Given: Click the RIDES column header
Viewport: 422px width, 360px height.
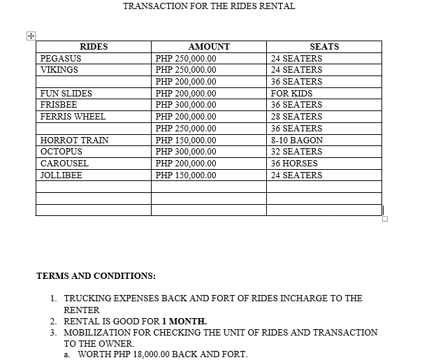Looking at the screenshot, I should tap(94, 47).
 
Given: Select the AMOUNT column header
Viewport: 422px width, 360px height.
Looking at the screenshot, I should tap(209, 47).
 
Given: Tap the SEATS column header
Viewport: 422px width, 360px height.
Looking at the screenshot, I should tap(323, 47).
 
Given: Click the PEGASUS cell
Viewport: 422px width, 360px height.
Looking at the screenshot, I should tap(61, 59).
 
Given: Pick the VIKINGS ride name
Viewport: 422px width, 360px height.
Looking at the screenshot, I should tap(59, 70).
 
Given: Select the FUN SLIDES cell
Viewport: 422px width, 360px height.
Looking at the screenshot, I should tap(66, 94).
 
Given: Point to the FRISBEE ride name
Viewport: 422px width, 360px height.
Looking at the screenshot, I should tap(59, 105).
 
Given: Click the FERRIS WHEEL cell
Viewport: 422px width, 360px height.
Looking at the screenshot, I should tap(73, 117).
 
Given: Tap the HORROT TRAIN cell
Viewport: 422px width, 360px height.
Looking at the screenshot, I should tap(74, 141).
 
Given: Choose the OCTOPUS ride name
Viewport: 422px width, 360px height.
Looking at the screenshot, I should tap(61, 152).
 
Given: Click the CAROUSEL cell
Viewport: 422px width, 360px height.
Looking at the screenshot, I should tap(64, 164).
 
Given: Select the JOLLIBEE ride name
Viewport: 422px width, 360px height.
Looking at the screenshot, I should tap(61, 175).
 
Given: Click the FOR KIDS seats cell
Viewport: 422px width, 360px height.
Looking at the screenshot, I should tap(291, 94).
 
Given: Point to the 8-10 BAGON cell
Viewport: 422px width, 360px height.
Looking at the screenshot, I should tap(297, 141).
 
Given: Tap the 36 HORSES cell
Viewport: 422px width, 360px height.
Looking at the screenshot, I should tap(294, 164).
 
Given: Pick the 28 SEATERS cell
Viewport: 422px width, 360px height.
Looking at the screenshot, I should tap(296, 117).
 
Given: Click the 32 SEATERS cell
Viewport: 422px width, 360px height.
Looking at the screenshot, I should tap(296, 152).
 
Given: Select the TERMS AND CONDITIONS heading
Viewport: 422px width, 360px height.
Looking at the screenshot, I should tap(96, 275).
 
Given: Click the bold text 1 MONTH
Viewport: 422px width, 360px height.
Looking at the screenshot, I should tap(184, 322).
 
